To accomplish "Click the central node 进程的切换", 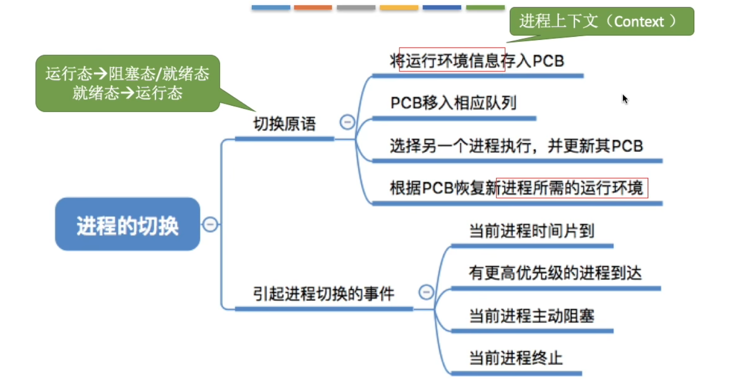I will pyautogui.click(x=128, y=225).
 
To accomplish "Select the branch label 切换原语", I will pyautogui.click(x=285, y=124).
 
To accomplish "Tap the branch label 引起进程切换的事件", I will pyautogui.click(x=324, y=294).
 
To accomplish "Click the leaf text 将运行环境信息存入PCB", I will pyautogui.click(x=476, y=61).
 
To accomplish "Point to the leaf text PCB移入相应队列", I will pyautogui.click(x=453, y=103).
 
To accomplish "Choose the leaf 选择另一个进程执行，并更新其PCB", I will pyautogui.click(x=516, y=147).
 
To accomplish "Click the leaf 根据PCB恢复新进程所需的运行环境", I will pyautogui.click(x=516, y=189).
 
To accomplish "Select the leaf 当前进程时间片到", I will pyautogui.click(x=531, y=232).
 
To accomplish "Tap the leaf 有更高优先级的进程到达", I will pyautogui.click(x=555, y=274).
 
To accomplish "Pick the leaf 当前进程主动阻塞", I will pyautogui.click(x=531, y=316).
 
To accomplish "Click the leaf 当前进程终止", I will pyautogui.click(x=515, y=358).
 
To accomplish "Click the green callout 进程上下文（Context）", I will pyautogui.click(x=601, y=21).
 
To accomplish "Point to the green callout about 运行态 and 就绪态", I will pyautogui.click(x=127, y=83).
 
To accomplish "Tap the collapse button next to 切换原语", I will pyautogui.click(x=347, y=123).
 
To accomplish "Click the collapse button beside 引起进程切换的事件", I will pyautogui.click(x=426, y=293).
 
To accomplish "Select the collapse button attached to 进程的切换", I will pyautogui.click(x=210, y=224).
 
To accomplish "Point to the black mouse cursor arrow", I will pyautogui.click(x=625, y=99).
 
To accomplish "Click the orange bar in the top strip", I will pyautogui.click(x=313, y=8).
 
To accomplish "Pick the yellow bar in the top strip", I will pyautogui.click(x=399, y=8).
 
